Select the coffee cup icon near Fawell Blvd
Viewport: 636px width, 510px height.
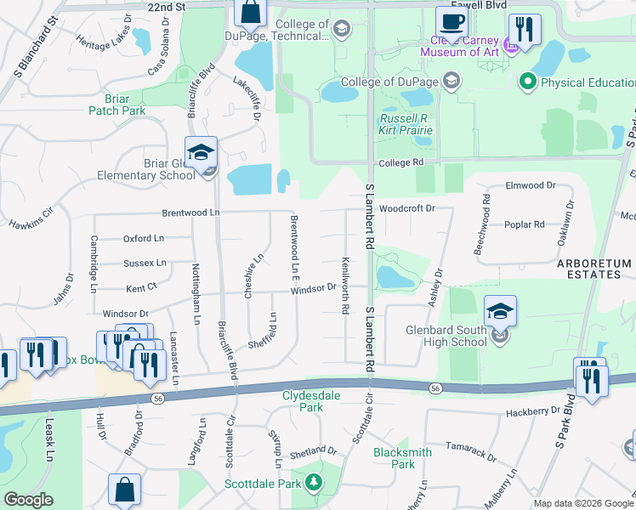pyautogui.click(x=451, y=22)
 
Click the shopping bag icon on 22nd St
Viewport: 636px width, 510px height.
pyautogui.click(x=251, y=13)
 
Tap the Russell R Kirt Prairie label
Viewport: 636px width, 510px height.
pyautogui.click(x=406, y=124)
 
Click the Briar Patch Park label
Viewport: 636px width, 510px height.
pyautogui.click(x=116, y=104)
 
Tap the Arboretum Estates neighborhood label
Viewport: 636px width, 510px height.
pyautogui.click(x=593, y=269)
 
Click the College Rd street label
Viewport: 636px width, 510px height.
pyautogui.click(x=400, y=162)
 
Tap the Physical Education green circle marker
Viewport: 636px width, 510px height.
pyautogui.click(x=527, y=82)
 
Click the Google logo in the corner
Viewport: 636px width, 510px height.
pyautogui.click(x=28, y=500)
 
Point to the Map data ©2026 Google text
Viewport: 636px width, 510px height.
pyautogui.click(x=583, y=503)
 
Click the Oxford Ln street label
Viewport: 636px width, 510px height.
pyautogui.click(x=143, y=239)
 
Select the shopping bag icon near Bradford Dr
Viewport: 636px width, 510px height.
pyautogui.click(x=124, y=490)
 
